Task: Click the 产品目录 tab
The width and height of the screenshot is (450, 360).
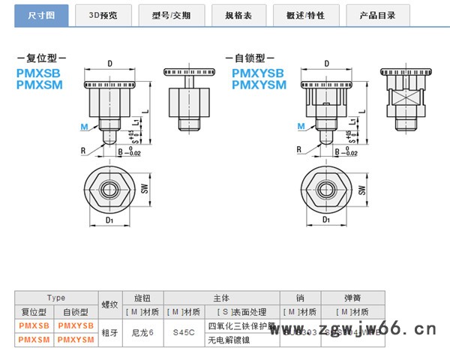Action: pyautogui.click(x=376, y=15)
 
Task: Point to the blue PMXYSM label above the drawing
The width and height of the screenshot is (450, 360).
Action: pyautogui.click(x=259, y=85)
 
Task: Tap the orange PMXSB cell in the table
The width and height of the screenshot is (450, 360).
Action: pyautogui.click(x=34, y=325)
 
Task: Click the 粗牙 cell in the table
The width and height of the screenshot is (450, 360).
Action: pyautogui.click(x=109, y=332)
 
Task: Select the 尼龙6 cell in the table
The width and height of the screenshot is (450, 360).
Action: pyautogui.click(x=142, y=332)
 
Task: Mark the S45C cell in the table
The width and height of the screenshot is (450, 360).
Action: pyautogui.click(x=183, y=332)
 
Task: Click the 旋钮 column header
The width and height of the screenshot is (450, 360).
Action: pyautogui.click(x=142, y=298)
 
